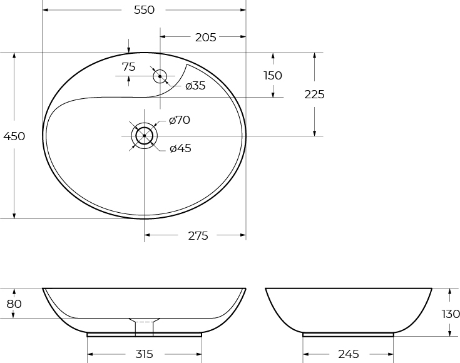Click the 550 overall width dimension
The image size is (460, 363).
pos(144,10)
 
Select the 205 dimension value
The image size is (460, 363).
pos(206,38)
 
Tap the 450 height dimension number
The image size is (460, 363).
pos(14,136)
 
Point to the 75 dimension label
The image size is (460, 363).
pos(129,67)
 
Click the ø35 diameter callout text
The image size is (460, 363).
pos(196,86)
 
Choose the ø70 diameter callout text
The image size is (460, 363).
pos(180,120)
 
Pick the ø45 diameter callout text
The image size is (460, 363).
pos(180,148)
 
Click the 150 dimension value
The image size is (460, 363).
pos(273,76)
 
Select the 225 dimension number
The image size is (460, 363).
pos(314,95)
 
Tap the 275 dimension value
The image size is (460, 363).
pos(198,236)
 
